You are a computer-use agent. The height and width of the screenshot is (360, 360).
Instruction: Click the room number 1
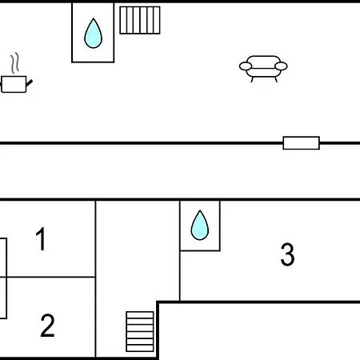coord(42,239)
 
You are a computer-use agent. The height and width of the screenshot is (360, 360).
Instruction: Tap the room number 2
coord(47,326)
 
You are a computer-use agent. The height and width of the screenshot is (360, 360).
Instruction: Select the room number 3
coord(287,254)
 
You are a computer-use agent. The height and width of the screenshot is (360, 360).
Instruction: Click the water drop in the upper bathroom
coord(93,34)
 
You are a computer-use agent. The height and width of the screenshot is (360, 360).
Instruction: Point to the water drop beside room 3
coord(200,226)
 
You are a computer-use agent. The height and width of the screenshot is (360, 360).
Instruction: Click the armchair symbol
coord(263,69)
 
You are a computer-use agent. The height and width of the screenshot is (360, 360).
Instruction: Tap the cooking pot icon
coord(15,84)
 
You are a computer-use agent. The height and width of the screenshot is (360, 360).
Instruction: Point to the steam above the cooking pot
coord(15,62)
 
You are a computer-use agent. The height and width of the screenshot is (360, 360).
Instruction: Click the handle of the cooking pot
coord(30,83)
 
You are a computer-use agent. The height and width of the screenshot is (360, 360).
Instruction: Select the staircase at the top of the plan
coord(140,20)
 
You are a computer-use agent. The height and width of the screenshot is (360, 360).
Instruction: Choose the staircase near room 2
coord(140,331)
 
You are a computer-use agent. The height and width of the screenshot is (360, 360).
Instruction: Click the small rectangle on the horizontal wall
coord(302,143)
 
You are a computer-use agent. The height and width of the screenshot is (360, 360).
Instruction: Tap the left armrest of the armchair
coord(246,66)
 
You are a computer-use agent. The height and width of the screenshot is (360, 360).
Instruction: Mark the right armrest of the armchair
coord(281,66)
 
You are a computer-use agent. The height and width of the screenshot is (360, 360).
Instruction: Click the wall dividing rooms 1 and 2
coord(50,277)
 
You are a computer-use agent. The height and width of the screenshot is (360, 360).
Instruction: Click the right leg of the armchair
coord(276,79)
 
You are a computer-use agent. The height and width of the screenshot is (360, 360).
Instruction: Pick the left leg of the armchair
coord(252,79)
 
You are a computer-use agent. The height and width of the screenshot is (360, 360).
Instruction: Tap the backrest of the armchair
coord(263,60)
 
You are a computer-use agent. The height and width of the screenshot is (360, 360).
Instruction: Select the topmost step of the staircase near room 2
coord(140,315)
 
